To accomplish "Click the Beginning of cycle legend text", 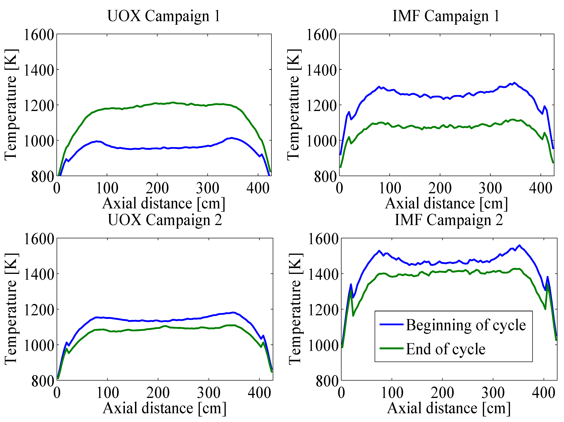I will coord(466,325).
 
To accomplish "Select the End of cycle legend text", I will coord(445,349).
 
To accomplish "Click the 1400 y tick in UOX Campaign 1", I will coord(39,70).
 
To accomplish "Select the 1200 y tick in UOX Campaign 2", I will coord(39,310).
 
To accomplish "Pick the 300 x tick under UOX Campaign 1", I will coord(208,188).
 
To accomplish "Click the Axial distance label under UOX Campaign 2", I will coord(165,408).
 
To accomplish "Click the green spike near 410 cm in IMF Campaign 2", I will coord(547,284).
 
